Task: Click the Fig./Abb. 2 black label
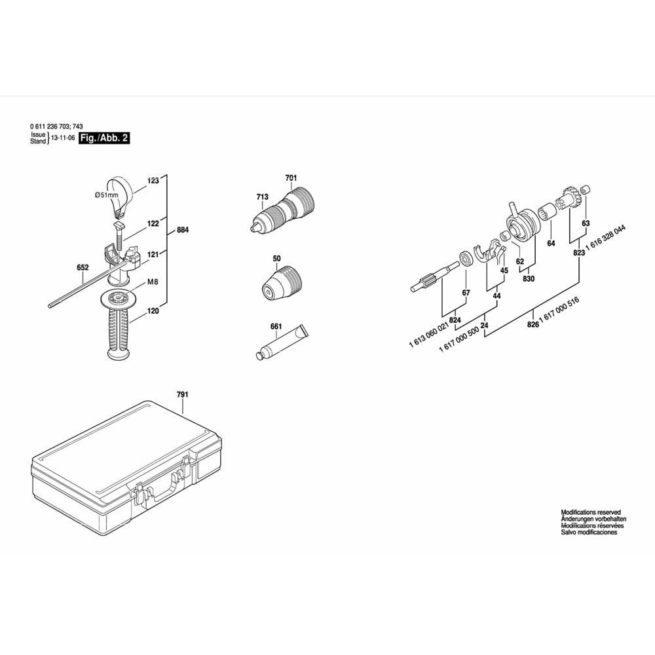tap(104, 138)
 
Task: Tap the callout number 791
tap(183, 394)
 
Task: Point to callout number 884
tap(183, 230)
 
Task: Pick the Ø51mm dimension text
tap(106, 195)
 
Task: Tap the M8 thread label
tap(153, 282)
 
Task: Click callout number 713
tap(263, 196)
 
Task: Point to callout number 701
tap(291, 178)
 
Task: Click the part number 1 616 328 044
tap(605, 238)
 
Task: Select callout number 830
tap(529, 278)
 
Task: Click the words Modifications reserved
tap(591, 512)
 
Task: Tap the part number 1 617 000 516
tap(559, 310)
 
